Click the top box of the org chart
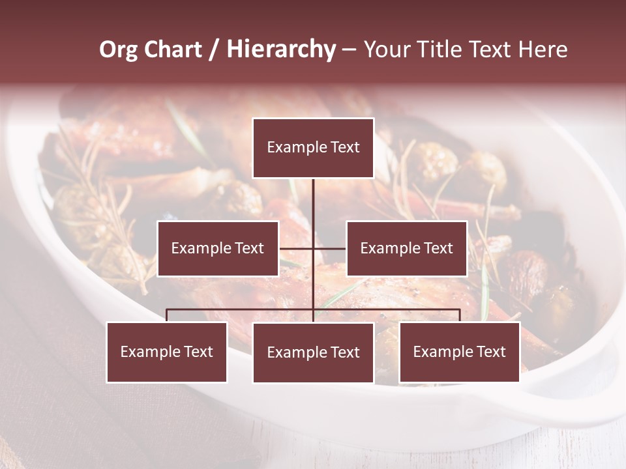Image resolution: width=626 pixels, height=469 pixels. point(313,148)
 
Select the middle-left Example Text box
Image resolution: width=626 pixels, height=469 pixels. point(218,249)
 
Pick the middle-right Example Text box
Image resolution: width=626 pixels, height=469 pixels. point(406,249)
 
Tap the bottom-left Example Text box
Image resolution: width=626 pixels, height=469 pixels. point(167,352)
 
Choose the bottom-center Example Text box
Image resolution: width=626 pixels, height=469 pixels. point(313,353)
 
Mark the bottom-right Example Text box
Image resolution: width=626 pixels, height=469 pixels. point(459,352)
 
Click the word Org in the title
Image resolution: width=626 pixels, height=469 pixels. point(117,50)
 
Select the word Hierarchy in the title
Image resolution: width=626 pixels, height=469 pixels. point(281,50)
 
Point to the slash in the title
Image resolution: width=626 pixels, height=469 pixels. point(214,50)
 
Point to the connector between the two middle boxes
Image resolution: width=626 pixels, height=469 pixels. point(313,248)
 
